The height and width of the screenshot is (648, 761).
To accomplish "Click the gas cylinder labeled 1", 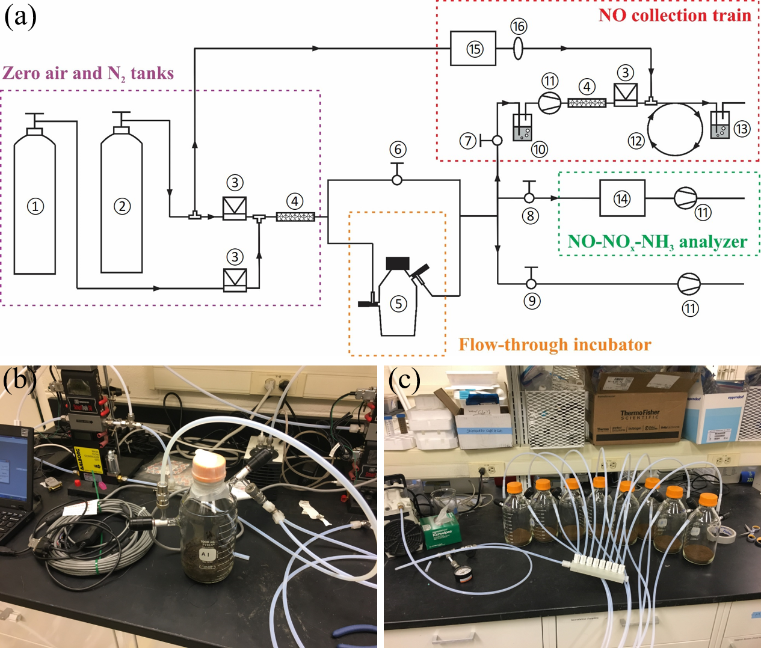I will point(35,204).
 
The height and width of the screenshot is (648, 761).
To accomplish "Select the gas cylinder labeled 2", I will point(122,204).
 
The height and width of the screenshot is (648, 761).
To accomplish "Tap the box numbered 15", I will point(473,49).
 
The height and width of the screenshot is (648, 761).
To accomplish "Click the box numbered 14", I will point(622,198).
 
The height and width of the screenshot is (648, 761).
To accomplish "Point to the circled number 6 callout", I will point(397,149).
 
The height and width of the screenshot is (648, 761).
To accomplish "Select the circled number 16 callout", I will point(519,26).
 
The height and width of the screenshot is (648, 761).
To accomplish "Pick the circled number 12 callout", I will point(636,141).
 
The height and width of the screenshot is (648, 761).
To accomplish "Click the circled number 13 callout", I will point(742,129).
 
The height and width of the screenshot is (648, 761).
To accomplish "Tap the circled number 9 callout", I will point(532,301).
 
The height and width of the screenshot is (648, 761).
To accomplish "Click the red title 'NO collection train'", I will point(674,15).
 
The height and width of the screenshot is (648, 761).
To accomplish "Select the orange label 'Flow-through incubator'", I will point(555,344).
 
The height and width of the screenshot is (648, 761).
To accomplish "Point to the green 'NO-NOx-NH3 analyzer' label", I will point(657,242).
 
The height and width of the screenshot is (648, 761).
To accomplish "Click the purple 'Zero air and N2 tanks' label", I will point(88,73).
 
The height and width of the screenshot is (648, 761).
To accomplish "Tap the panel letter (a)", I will point(20,16).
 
